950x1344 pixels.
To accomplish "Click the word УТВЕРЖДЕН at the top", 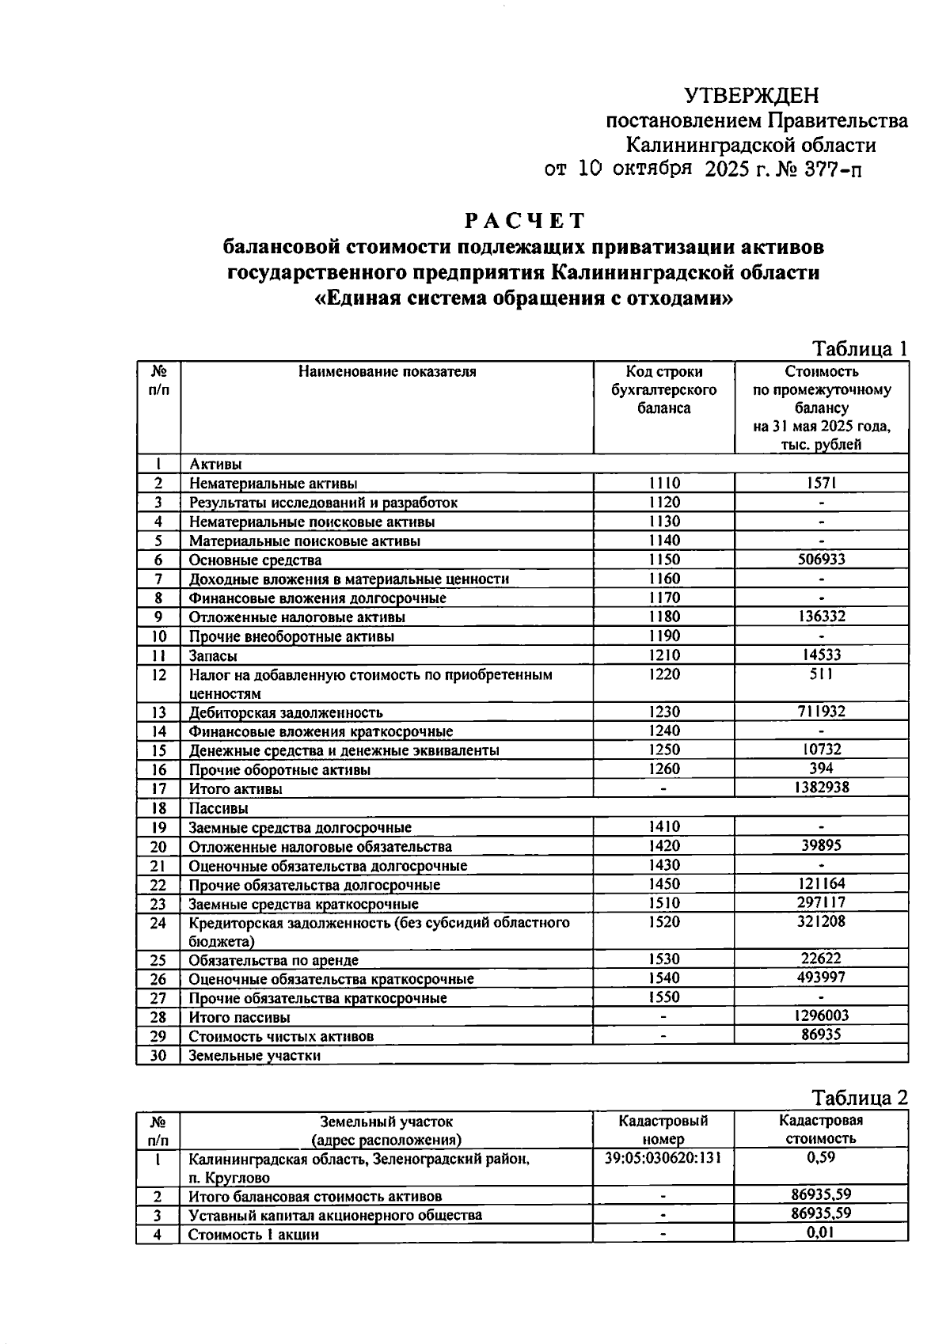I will point(750,97).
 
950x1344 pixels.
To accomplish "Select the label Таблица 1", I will point(859,349).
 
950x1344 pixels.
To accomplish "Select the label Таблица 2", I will point(859,1098).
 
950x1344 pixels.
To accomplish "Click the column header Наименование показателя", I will point(387,372).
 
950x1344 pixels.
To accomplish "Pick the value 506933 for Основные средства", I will point(821,560).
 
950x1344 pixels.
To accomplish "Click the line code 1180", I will point(663,617).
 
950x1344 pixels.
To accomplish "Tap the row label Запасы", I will point(213,656).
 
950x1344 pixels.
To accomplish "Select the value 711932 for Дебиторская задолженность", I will point(821,712).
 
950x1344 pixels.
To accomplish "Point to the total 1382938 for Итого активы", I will point(821,788).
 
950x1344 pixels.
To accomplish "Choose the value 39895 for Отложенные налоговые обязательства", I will point(821,845).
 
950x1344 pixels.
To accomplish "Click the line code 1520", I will point(663,922).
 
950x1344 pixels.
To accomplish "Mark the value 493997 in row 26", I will point(821,978).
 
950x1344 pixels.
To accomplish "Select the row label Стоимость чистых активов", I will point(281,1036).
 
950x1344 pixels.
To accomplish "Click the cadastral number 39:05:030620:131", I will point(663,1158).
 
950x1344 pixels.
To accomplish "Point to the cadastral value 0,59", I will point(821,1158).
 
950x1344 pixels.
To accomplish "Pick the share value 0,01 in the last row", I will point(821,1232).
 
